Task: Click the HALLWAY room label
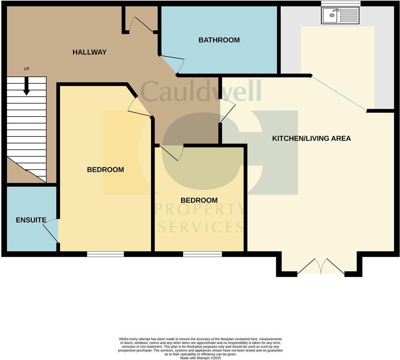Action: (x=89, y=52)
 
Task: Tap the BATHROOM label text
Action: (x=219, y=40)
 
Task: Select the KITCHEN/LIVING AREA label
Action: (x=311, y=138)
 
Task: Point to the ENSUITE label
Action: (x=31, y=220)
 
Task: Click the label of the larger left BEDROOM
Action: (x=105, y=170)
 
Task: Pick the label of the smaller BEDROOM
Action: (x=199, y=200)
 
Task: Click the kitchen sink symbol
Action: (x=340, y=16)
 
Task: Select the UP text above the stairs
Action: (x=27, y=69)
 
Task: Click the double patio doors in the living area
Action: (x=320, y=267)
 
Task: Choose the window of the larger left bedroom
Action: (x=105, y=254)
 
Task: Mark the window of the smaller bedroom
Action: (x=202, y=254)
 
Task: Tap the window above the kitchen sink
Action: (x=340, y=3)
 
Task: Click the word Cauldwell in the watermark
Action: (x=201, y=92)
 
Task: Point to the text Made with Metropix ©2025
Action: (x=200, y=358)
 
